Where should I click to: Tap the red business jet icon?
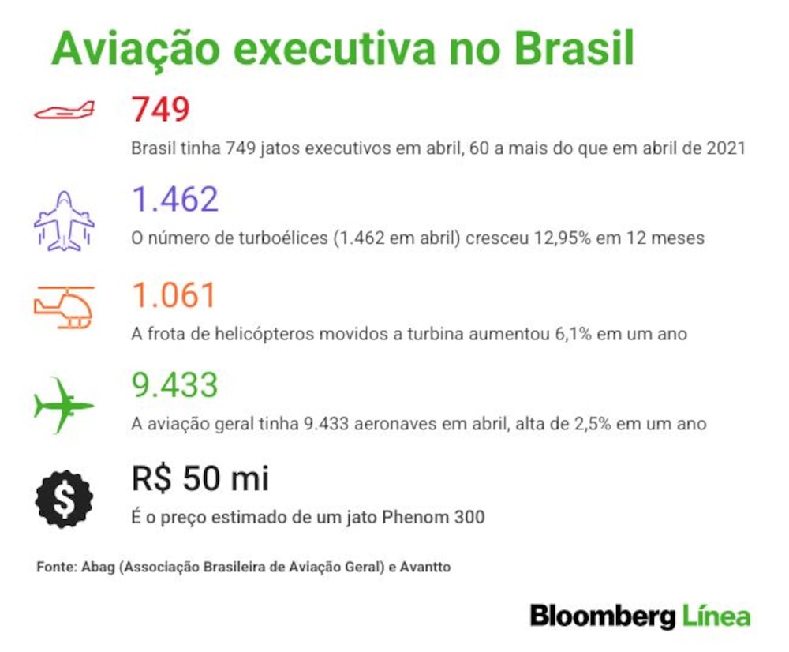point(65,111)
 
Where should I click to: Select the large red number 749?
point(160,109)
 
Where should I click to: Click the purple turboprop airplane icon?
point(64,221)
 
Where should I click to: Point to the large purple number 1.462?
point(175,200)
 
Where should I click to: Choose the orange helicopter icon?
point(64,307)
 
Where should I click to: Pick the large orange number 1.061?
point(174,295)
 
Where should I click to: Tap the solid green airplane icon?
point(64,405)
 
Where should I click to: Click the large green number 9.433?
point(174,385)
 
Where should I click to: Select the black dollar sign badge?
point(64,499)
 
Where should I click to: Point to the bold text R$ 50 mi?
point(200,478)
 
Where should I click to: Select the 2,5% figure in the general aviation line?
point(593,424)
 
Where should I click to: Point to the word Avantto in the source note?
point(425,568)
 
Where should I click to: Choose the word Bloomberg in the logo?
point(603,616)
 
